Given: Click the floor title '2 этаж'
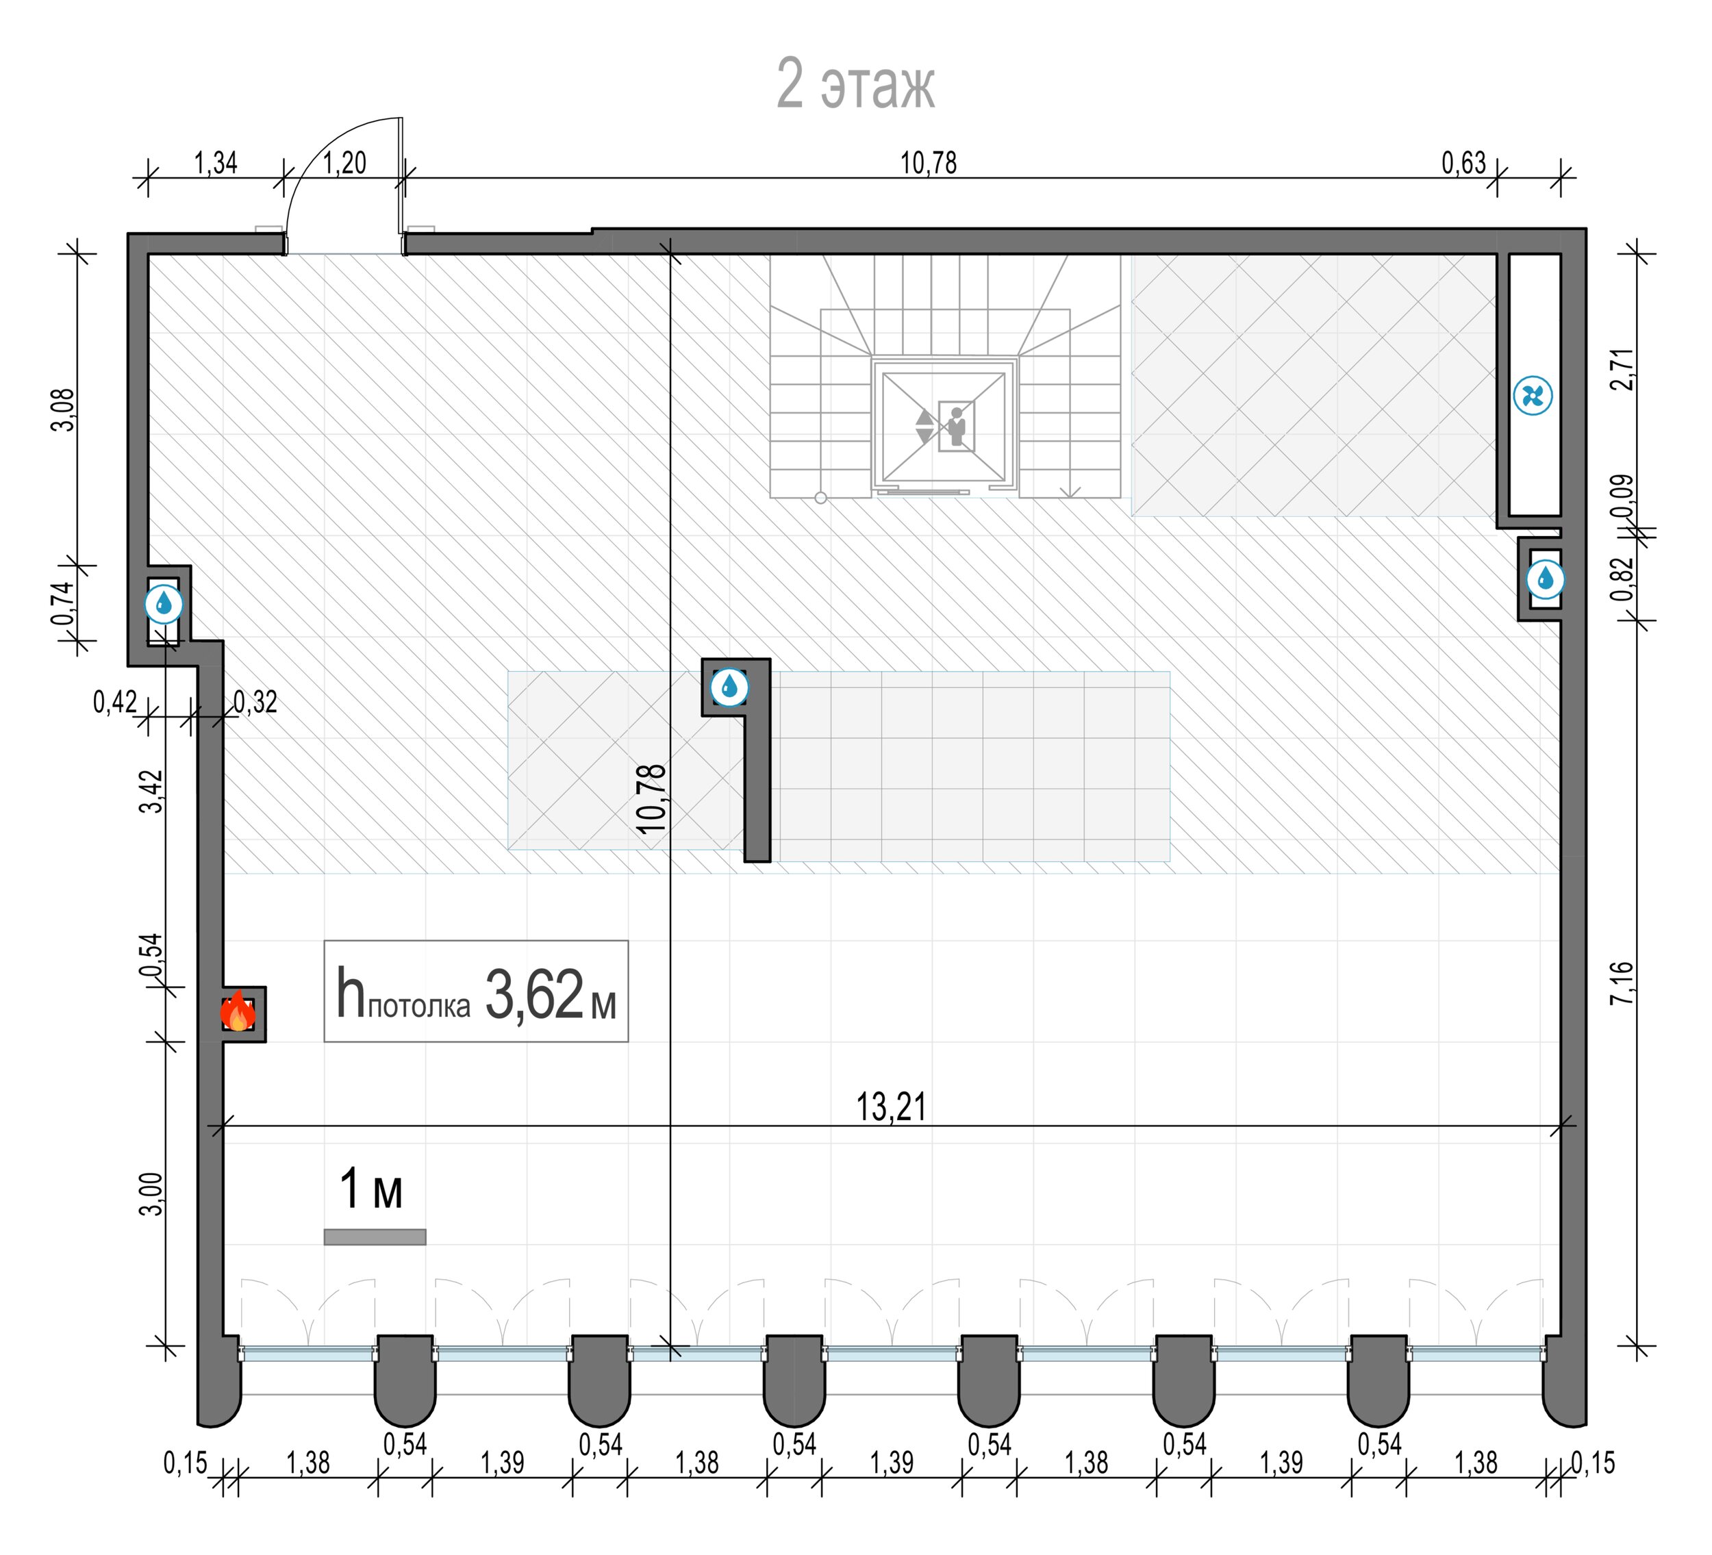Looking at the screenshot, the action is pos(855,85).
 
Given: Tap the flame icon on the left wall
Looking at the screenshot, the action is pos(238,1011).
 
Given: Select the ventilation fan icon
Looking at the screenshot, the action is pos(1533,396).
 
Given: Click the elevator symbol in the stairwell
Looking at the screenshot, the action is pos(944,425).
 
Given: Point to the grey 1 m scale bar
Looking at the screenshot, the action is pos(375,1237).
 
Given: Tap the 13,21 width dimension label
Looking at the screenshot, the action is pos(891,1107).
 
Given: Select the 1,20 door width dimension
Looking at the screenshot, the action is pos(344,162).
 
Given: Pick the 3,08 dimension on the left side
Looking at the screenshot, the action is pos(64,409).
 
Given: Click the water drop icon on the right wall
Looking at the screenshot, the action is pos(1545,579).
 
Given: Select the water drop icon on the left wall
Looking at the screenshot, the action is pos(163,604).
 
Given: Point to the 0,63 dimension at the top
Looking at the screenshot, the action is pos(1464,162).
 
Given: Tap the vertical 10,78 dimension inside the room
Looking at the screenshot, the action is pos(651,798).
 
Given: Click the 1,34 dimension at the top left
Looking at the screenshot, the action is pos(216,162).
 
